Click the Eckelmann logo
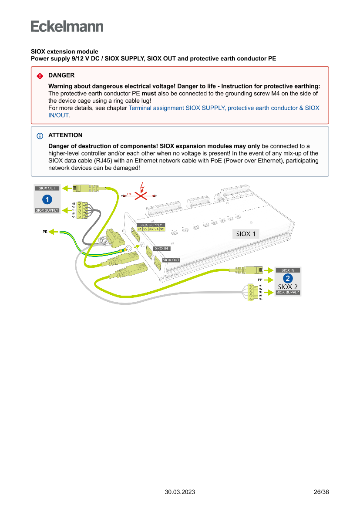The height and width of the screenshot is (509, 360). tap(67, 27)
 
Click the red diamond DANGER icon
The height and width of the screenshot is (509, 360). tap(40, 76)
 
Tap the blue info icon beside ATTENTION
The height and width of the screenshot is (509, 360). tap(40, 135)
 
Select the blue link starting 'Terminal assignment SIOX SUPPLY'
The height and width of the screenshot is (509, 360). tap(224, 108)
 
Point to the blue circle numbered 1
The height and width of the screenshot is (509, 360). tap(47, 200)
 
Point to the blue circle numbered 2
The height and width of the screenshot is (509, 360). tap(287, 278)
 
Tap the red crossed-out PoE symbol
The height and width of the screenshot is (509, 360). tap(140, 196)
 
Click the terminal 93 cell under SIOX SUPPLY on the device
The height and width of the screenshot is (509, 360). tap(151, 229)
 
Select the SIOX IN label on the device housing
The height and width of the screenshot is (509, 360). tap(161, 248)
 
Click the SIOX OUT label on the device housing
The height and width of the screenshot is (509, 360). tap(171, 260)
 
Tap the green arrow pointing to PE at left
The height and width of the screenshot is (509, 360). tap(54, 232)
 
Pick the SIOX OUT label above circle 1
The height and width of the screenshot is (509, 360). tap(47, 189)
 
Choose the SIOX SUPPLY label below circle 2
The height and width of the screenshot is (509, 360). tap(288, 293)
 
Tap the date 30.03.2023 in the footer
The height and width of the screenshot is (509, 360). tap(180, 492)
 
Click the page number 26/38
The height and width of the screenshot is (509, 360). tap(321, 492)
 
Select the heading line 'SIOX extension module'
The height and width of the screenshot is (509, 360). tap(64, 51)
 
